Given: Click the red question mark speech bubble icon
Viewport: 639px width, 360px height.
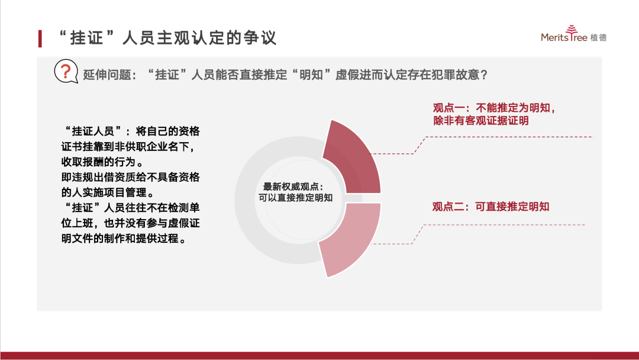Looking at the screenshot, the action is click(x=66, y=71).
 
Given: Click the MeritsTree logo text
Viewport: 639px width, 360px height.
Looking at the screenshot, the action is click(x=564, y=37).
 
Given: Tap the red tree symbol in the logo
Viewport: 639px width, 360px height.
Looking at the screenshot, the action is click(x=572, y=30).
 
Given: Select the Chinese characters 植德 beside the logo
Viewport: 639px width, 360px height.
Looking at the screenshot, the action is click(x=598, y=37).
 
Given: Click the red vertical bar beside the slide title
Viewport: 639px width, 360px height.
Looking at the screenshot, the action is click(x=40, y=38).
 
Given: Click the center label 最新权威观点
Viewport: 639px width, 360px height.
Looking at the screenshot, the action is click(x=293, y=187).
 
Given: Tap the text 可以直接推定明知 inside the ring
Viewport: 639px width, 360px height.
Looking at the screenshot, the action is click(x=295, y=198).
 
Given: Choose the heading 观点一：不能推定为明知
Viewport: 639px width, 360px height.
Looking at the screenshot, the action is click(x=494, y=108).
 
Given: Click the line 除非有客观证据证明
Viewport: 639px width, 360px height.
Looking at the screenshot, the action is click(x=481, y=121).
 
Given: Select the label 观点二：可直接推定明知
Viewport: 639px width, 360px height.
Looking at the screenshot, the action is click(x=490, y=207).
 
